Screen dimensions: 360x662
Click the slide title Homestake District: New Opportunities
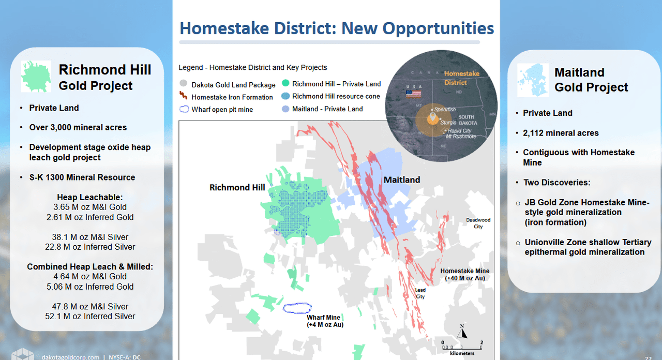click(x=336, y=28)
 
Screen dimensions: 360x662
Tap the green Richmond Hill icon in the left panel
click(x=36, y=77)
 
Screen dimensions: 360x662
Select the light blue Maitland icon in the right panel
click(x=533, y=80)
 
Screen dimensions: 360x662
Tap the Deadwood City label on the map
click(x=478, y=223)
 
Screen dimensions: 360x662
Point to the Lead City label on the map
click(x=420, y=293)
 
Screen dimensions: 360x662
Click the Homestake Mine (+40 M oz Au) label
click(x=464, y=275)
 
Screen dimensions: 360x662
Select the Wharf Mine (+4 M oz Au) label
click(x=324, y=321)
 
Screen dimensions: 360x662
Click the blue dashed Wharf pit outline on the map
click(x=297, y=308)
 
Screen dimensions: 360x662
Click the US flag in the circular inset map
click(x=413, y=94)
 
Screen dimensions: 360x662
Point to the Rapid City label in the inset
click(x=460, y=131)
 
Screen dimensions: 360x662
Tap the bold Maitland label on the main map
click(x=401, y=179)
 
